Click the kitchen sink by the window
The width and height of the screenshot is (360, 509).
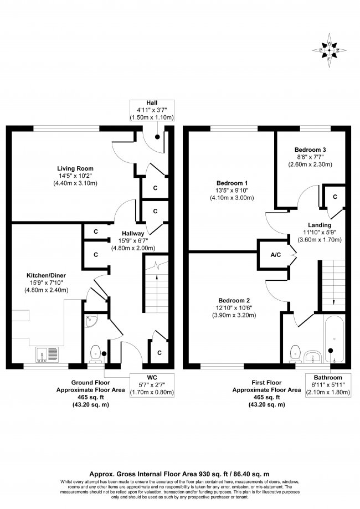tap(47, 352)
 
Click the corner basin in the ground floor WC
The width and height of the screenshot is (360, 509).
tap(91, 321)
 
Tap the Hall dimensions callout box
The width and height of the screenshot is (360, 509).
tap(151, 110)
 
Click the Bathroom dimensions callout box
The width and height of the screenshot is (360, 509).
tap(330, 384)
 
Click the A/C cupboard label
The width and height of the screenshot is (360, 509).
tap(274, 255)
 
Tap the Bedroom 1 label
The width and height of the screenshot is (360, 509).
tap(232, 183)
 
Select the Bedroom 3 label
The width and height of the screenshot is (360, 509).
tap(310, 150)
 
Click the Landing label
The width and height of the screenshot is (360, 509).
tap(320, 225)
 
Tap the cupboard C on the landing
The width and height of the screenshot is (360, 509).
tap(335, 197)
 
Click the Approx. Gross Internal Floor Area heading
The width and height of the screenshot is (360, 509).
tap(179, 475)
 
